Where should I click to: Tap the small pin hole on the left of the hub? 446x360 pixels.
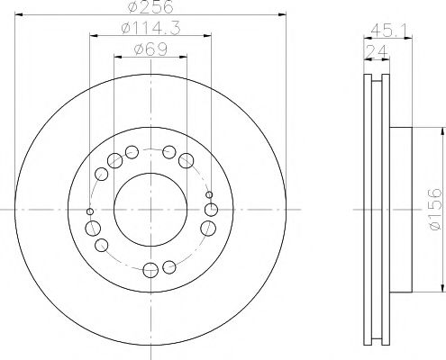pos(88,211)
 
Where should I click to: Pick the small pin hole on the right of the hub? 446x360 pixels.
pos(209,195)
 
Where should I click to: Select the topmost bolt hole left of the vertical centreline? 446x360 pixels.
pos(132,150)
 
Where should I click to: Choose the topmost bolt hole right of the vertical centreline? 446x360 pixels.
pos(168,150)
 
